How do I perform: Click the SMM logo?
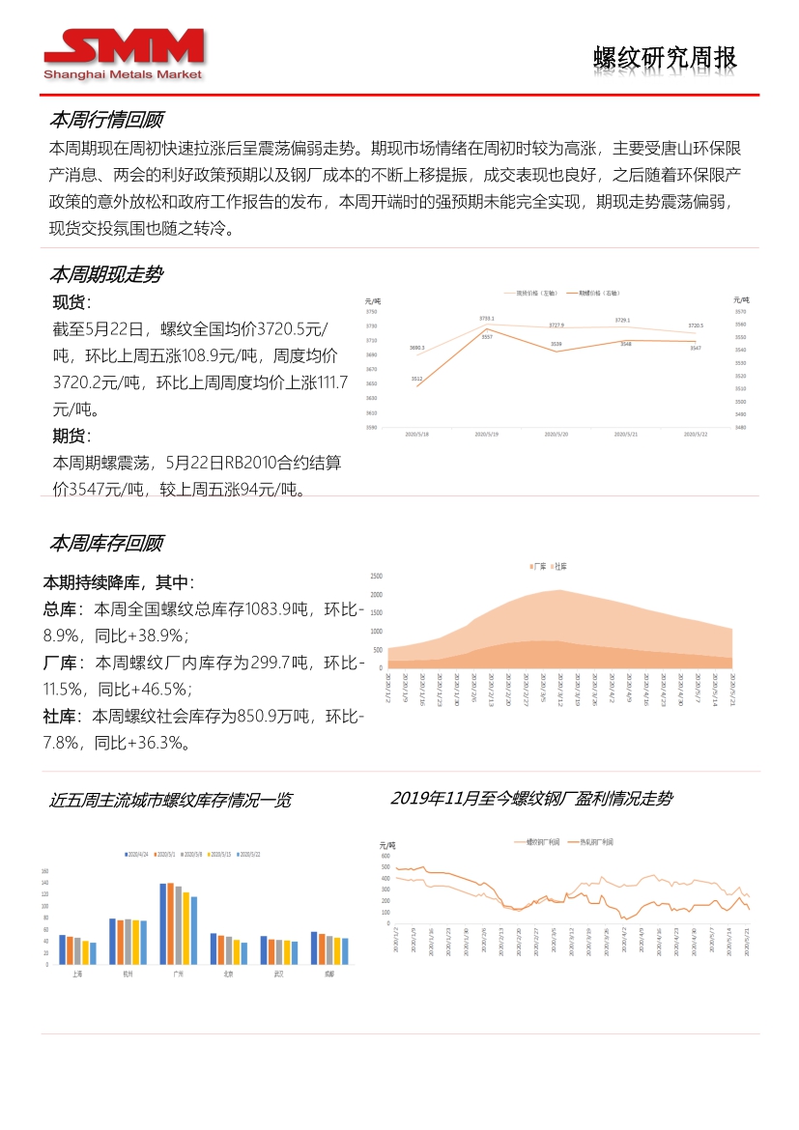[x=124, y=53]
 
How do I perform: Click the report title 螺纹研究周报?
[x=665, y=58]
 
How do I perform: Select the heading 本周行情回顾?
[x=106, y=120]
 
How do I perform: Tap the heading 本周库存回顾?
[x=106, y=543]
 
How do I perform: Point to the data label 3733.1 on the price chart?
[x=486, y=318]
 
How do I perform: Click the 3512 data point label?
[x=416, y=378]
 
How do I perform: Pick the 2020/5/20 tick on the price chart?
[x=556, y=436]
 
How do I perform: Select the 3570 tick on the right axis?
[x=739, y=311]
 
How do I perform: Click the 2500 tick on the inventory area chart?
[x=376, y=577]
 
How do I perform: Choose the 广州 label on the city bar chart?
[x=178, y=975]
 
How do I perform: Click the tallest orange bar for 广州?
[x=171, y=923]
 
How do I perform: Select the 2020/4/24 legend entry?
[x=136, y=854]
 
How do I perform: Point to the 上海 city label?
[x=77, y=975]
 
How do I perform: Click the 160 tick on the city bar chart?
[x=44, y=871]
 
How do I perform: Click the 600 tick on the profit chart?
[x=385, y=856]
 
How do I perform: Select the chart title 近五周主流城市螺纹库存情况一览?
[x=170, y=801]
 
